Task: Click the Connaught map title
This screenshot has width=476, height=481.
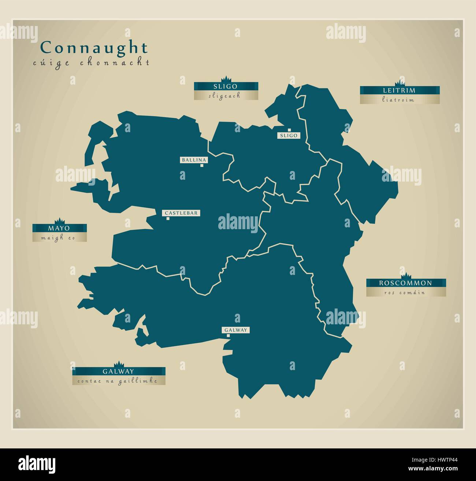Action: [x=94, y=48]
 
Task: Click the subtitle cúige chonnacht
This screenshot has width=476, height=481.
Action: [x=91, y=63]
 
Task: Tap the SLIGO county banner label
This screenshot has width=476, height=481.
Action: [x=226, y=86]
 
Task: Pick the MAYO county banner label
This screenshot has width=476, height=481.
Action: [x=59, y=228]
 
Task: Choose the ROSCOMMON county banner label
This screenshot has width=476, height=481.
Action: [x=405, y=283]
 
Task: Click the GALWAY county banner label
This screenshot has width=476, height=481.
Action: [x=118, y=371]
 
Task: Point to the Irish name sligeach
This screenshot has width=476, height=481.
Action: [x=226, y=96]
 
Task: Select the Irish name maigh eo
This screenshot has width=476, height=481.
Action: [x=59, y=238]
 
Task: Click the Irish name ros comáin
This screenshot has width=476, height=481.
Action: [x=405, y=292]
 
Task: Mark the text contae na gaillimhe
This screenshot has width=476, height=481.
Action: [x=118, y=381]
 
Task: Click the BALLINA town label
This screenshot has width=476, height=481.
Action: [x=194, y=160]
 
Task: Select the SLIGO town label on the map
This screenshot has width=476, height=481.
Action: [x=289, y=135]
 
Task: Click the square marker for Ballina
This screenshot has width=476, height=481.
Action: [x=202, y=165]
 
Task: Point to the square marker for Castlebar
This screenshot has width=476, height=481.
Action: [x=168, y=219]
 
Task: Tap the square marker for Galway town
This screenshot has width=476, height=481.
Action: [x=228, y=335]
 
